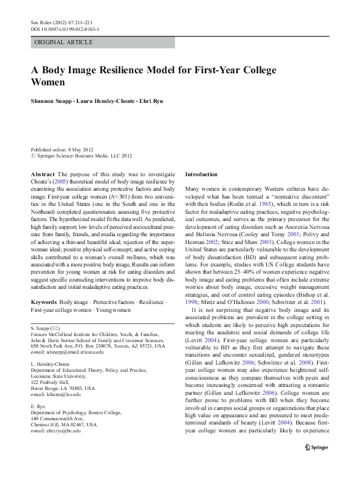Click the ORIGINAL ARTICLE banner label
64,42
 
